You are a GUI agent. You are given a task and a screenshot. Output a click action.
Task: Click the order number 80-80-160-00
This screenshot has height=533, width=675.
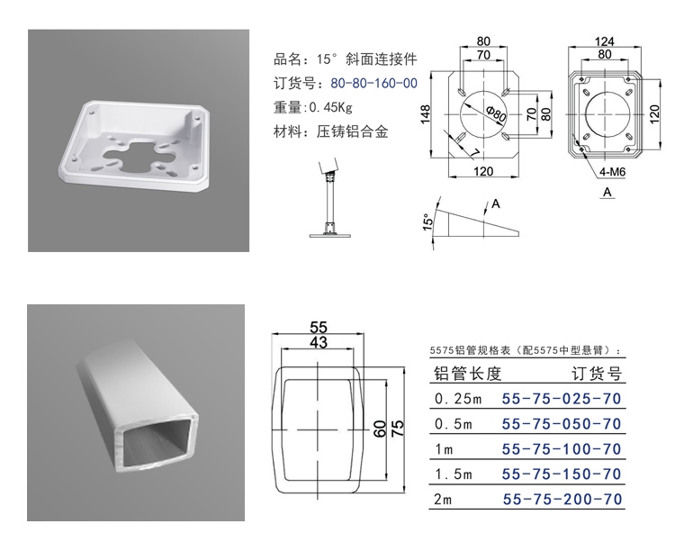(373, 84)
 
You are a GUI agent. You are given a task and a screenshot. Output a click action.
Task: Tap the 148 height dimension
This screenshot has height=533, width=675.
(426, 113)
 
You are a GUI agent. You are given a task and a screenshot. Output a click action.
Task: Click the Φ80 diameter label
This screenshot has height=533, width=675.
(493, 115)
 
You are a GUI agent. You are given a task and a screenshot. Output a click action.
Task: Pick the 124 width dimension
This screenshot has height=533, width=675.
(605, 41)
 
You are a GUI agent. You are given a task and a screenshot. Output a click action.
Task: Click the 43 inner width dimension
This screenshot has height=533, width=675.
(319, 342)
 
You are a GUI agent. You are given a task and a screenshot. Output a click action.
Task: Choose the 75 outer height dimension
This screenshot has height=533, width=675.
(398, 426)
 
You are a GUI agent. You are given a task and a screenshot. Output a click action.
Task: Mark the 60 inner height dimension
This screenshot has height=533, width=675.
(381, 426)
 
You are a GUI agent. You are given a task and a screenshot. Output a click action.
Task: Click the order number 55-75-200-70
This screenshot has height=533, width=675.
(561, 499)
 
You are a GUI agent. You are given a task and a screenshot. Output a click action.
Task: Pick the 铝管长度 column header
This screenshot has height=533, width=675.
(467, 374)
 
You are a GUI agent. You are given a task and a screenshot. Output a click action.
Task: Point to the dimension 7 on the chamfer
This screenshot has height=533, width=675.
(473, 153)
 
